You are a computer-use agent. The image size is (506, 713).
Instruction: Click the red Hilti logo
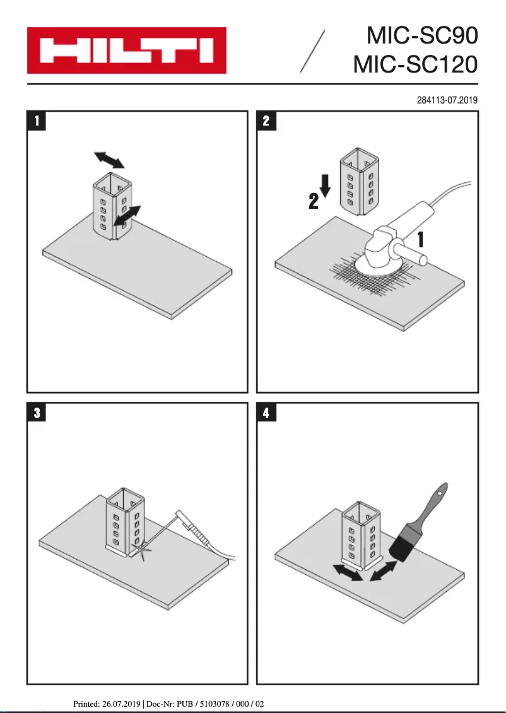(126, 50)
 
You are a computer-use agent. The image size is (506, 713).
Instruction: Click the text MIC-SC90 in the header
(422, 35)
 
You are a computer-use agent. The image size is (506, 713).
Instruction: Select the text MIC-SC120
(415, 64)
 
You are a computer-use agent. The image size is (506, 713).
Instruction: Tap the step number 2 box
(266, 121)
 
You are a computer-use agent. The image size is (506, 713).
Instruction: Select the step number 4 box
(266, 413)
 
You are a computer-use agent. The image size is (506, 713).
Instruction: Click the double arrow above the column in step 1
(109, 159)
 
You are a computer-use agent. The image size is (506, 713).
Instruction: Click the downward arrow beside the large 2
(326, 184)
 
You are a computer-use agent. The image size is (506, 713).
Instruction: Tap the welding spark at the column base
(144, 551)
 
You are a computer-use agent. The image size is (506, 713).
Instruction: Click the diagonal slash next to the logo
(313, 51)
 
